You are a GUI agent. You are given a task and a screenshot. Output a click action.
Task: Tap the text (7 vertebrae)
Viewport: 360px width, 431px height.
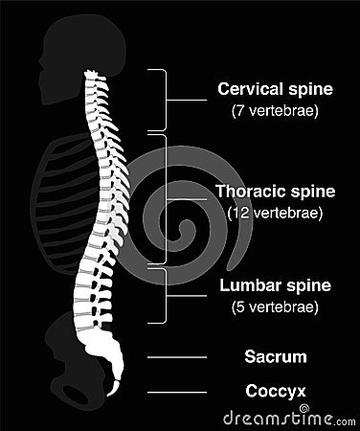tap(276, 110)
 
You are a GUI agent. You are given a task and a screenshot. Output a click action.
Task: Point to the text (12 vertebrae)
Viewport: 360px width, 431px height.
tap(276, 212)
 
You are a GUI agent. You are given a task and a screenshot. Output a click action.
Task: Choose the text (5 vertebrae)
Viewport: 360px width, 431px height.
tap(276, 306)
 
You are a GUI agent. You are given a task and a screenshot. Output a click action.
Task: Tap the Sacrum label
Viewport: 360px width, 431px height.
tap(276, 357)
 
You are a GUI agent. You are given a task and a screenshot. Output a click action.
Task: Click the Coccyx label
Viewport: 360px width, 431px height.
tap(276, 391)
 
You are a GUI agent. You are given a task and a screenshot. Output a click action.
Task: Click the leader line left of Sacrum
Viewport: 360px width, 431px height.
tap(177, 357)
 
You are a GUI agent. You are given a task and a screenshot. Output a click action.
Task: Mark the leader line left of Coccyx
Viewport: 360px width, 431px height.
tap(177, 392)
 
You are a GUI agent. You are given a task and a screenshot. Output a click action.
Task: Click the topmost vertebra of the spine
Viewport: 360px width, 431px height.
tap(92, 74)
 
